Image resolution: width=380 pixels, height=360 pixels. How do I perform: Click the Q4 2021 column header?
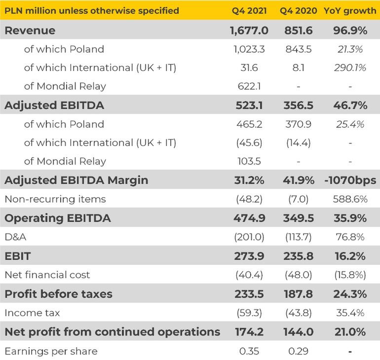coord(249,10)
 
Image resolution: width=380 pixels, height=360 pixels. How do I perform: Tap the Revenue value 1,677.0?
coord(249,31)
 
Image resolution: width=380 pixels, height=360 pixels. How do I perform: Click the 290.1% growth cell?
coord(349,68)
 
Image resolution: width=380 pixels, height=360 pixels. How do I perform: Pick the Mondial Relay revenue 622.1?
coord(249,86)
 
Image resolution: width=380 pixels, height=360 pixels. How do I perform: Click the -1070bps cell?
coord(349,180)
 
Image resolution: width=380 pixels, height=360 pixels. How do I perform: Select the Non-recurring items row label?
coord(55,199)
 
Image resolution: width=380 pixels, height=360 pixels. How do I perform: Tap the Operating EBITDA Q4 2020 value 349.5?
coord(299,218)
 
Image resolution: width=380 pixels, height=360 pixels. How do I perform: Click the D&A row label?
coord(15,237)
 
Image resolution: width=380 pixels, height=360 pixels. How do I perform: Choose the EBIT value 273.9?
coord(249,256)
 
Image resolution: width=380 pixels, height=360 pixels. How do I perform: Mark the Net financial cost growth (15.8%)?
coord(349,275)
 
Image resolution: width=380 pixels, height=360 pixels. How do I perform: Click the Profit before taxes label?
coord(58,294)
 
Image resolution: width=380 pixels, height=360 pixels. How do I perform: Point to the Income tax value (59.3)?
coord(249,313)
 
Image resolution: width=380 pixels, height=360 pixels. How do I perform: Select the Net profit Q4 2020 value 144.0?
coord(299,332)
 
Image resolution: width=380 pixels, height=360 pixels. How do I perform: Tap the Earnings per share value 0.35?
coord(249,351)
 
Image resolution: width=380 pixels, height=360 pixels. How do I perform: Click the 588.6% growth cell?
coord(349,199)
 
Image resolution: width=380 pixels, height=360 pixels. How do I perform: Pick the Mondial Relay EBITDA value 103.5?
coord(249,161)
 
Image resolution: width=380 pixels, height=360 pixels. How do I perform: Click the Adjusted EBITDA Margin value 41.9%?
coord(299,180)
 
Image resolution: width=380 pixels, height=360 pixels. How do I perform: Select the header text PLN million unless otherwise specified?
coord(92,10)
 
